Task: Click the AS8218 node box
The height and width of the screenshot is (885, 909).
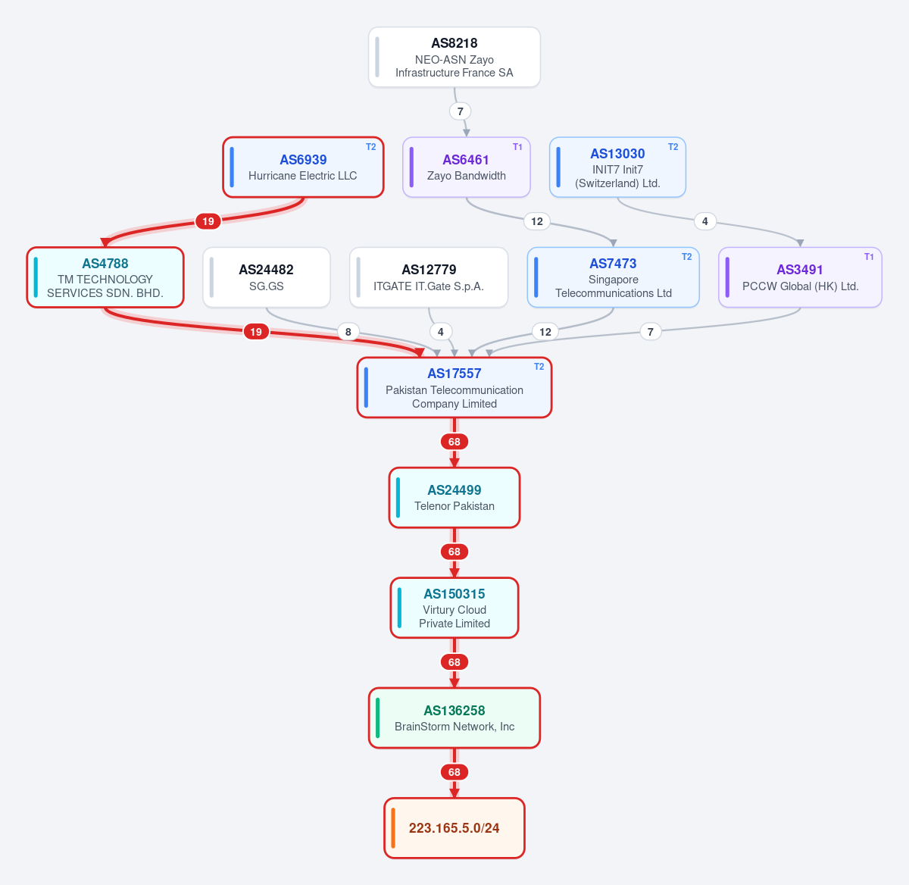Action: (x=454, y=57)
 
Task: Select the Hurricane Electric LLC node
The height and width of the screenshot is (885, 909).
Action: (x=303, y=167)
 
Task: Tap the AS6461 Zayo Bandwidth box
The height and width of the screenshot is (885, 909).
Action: (x=466, y=167)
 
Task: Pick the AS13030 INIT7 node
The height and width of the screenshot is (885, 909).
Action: (x=617, y=167)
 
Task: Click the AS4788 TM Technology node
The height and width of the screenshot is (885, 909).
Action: (x=105, y=277)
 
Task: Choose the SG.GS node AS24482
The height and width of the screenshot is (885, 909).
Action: (x=266, y=277)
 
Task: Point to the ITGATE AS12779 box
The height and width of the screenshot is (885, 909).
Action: (x=429, y=277)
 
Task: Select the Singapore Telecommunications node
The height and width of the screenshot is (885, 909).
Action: (x=614, y=277)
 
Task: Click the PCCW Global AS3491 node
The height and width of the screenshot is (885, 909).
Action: (x=800, y=277)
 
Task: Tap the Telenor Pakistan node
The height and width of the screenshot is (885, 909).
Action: (x=454, y=498)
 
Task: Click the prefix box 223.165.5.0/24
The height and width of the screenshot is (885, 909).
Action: (x=454, y=828)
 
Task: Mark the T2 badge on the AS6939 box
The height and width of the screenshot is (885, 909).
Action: (x=371, y=147)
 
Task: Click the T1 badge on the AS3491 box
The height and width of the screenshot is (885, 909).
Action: (x=869, y=257)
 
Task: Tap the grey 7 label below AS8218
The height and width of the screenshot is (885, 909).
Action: (x=460, y=111)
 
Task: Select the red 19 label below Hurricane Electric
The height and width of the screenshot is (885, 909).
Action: (x=208, y=221)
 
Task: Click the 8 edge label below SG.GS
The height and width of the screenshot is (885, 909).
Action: (x=348, y=332)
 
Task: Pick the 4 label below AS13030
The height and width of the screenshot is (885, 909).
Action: (x=705, y=221)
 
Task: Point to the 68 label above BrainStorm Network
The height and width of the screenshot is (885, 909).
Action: (x=454, y=662)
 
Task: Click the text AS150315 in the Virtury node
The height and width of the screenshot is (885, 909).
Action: (x=454, y=594)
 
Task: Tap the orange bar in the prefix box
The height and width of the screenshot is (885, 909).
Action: (x=393, y=828)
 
